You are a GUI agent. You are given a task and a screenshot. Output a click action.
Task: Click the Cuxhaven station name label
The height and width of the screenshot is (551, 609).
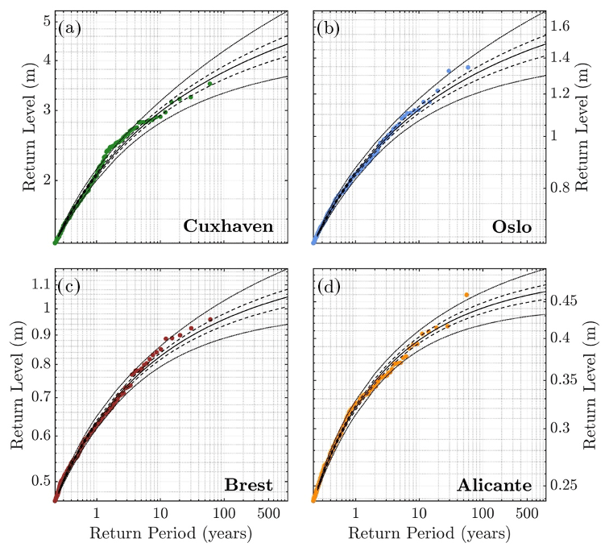point(228,226)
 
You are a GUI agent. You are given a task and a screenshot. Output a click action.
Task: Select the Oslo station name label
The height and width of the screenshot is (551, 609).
point(512,226)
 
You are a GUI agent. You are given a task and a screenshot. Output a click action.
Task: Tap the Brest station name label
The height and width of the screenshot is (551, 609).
point(249,486)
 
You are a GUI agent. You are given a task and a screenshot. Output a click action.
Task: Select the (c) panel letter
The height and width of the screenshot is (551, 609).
point(68,286)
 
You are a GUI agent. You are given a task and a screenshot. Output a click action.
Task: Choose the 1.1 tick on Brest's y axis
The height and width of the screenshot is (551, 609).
point(41,283)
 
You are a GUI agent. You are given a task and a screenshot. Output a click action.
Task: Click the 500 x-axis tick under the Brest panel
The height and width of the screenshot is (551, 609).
point(261,514)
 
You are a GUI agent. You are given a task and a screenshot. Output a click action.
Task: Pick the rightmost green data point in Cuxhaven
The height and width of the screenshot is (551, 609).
point(210,84)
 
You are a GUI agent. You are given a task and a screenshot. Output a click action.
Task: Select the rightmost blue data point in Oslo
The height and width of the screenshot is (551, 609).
point(468,68)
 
